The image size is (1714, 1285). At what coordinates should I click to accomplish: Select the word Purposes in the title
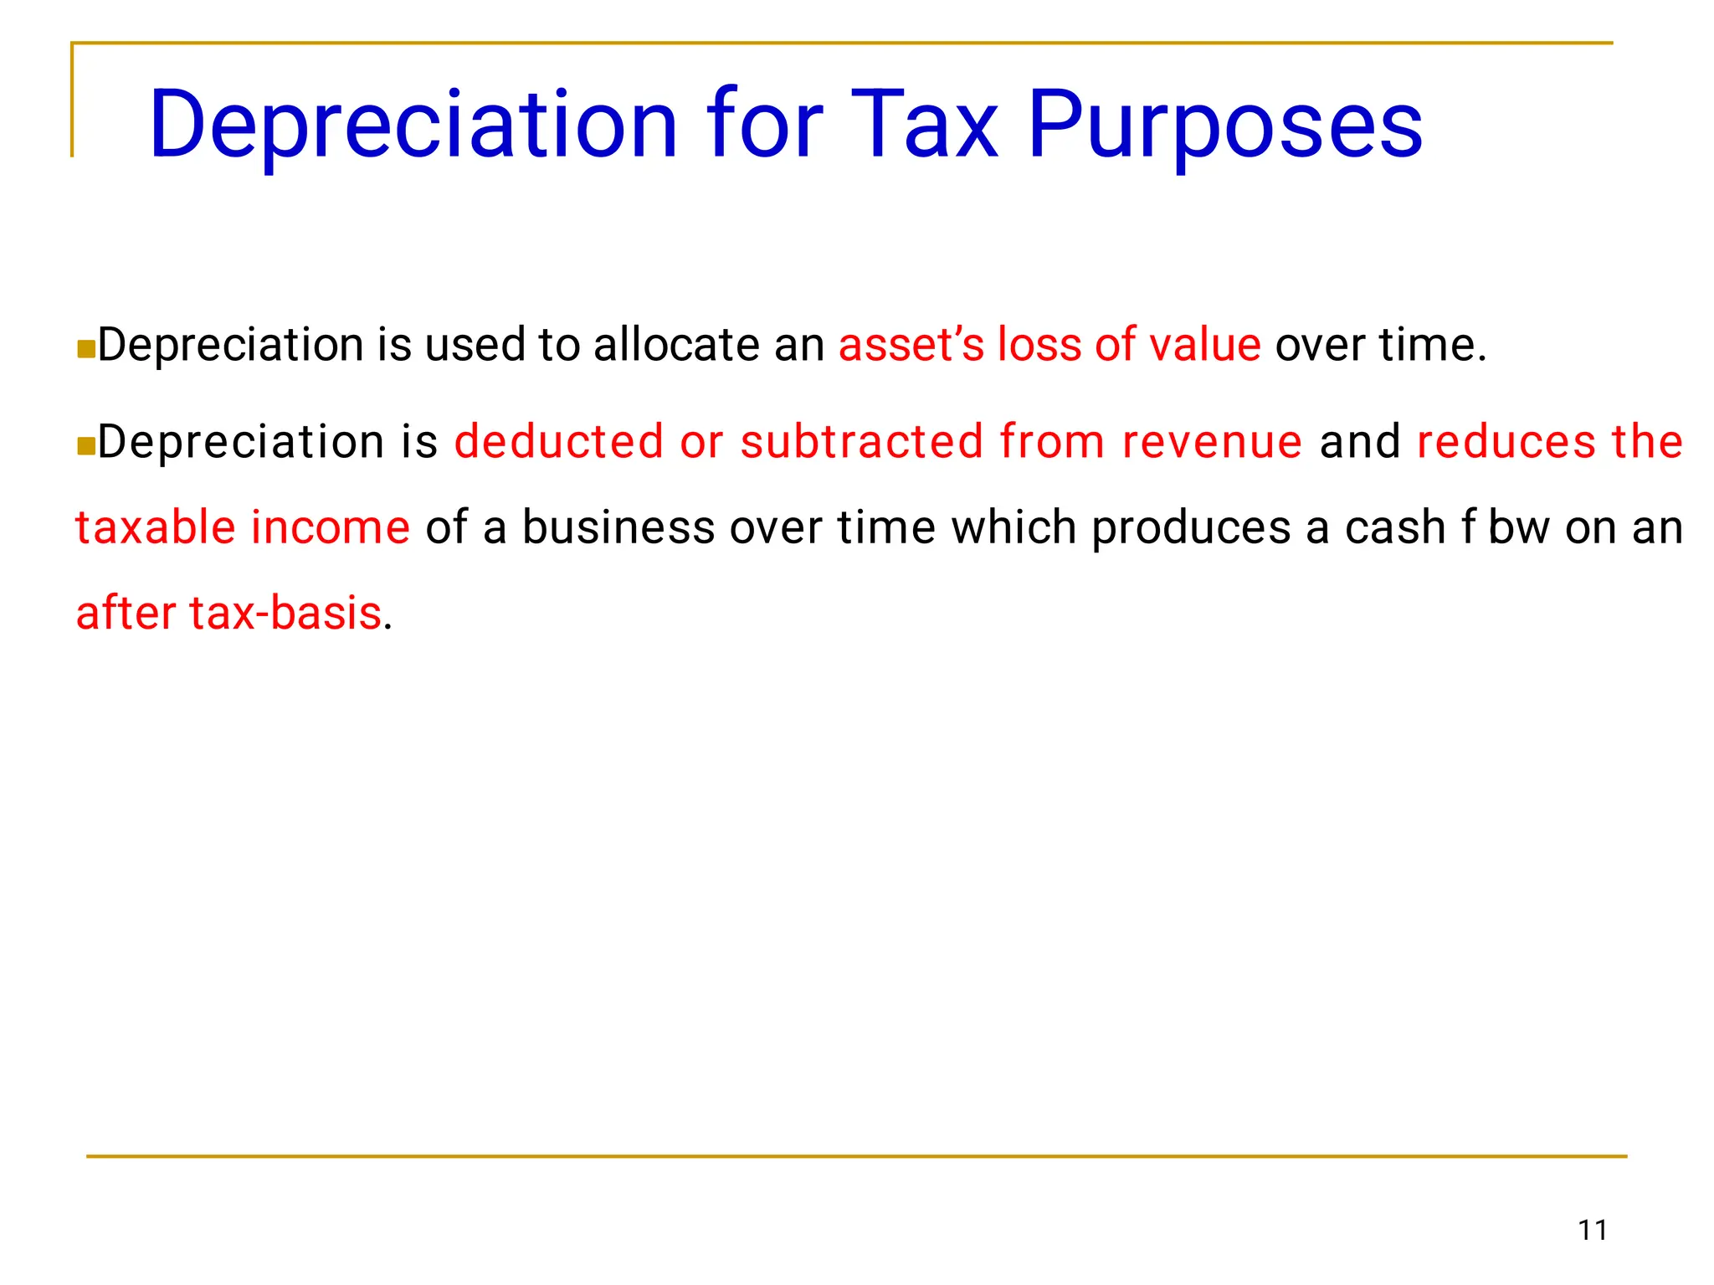(1224, 126)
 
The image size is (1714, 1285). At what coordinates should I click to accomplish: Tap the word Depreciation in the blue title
(413, 126)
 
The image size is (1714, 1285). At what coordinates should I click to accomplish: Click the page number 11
(1593, 1230)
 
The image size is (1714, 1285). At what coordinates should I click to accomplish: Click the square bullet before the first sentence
(85, 348)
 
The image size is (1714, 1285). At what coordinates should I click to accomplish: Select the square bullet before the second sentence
(85, 445)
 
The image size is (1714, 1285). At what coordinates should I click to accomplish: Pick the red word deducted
(559, 441)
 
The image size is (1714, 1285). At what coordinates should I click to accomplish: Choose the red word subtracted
(862, 441)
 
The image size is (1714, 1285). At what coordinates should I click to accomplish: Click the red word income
(331, 527)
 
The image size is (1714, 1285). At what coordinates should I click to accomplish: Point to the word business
(618, 527)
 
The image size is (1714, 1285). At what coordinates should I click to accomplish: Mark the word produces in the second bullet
(1192, 527)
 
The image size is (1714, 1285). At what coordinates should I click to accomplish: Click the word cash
(1395, 527)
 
